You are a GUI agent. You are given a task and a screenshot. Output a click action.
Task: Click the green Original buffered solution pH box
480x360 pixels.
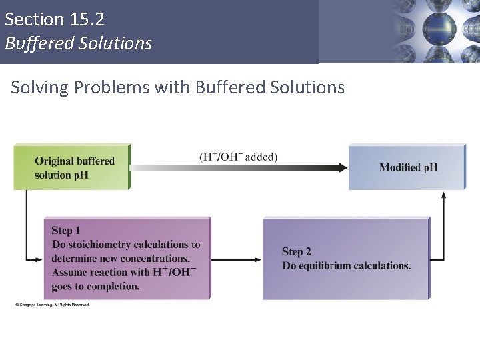coord(72,167)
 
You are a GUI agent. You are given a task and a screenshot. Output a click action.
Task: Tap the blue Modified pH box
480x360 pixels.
coord(407,167)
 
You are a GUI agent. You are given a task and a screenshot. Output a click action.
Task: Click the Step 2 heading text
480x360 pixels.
coord(297,251)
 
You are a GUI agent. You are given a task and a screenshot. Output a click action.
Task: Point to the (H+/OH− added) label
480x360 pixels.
coord(238,157)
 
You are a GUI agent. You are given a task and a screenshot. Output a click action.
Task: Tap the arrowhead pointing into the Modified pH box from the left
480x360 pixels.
coord(342,167)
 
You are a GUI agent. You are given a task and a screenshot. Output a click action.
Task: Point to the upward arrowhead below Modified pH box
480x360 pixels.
coord(444,195)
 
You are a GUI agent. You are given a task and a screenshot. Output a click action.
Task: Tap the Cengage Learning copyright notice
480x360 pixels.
coord(52,305)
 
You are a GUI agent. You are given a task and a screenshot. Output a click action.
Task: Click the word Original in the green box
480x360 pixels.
coord(54,161)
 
